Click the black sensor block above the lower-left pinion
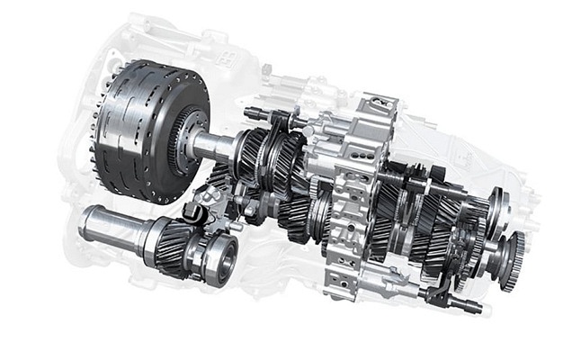coord(192,213)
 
